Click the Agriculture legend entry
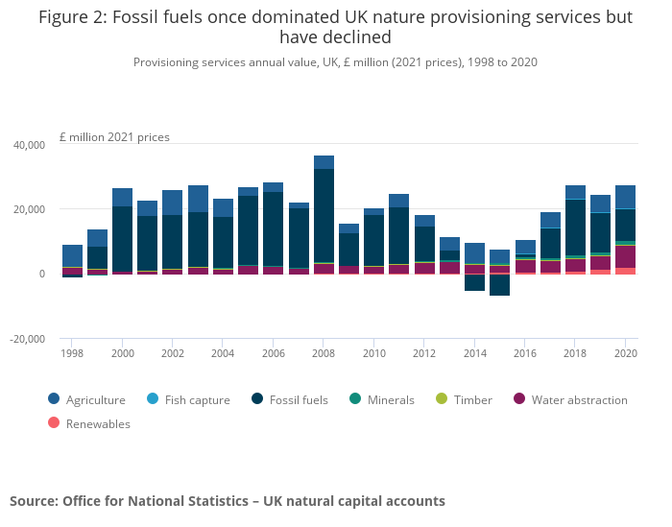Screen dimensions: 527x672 click(x=95, y=400)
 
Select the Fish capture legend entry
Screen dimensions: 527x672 click(x=193, y=400)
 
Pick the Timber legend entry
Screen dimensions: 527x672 click(x=471, y=400)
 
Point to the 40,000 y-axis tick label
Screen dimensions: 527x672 click(x=29, y=145)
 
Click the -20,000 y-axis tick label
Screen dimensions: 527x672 click(x=28, y=339)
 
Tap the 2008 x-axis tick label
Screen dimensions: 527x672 click(x=323, y=354)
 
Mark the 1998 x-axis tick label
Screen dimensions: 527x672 click(x=71, y=354)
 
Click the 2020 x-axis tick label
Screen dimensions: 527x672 click(x=625, y=354)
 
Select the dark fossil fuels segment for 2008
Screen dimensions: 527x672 click(x=324, y=215)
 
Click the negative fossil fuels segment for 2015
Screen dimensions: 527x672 click(x=499, y=285)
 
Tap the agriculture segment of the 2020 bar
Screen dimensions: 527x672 click(x=625, y=197)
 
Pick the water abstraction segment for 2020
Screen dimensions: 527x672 click(x=625, y=256)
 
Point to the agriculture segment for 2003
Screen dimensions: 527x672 click(x=198, y=199)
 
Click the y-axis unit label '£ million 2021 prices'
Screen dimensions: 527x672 click(x=114, y=137)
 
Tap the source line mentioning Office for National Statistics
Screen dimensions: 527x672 click(x=228, y=501)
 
